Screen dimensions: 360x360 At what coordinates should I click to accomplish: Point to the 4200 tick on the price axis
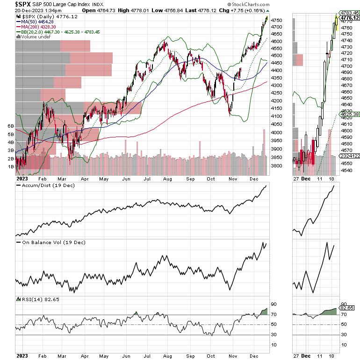tap(276, 101)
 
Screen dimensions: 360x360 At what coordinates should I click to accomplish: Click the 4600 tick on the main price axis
tap(276, 42)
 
